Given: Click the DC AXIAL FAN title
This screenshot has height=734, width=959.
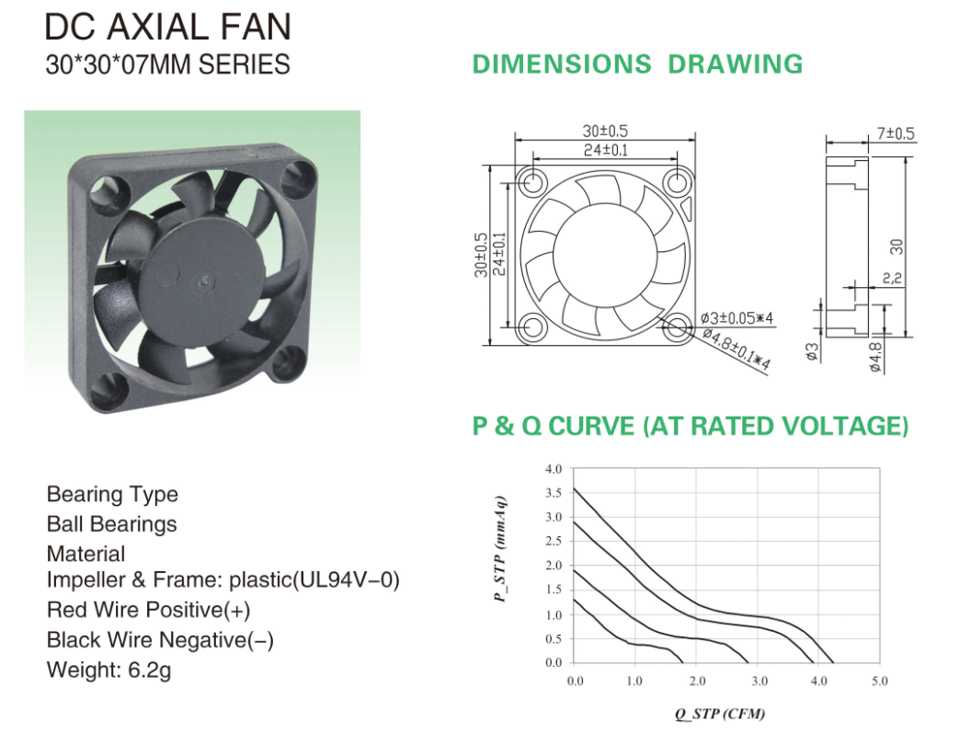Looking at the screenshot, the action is (168, 27).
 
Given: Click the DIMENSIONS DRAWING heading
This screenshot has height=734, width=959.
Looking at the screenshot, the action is (637, 64).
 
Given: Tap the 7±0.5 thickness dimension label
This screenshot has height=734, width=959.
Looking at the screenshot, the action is (896, 133).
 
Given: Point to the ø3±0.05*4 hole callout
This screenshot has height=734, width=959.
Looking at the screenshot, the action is (737, 318).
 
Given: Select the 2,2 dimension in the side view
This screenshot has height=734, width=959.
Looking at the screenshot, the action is (892, 279).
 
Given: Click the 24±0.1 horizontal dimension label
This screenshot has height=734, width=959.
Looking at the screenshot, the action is (606, 150).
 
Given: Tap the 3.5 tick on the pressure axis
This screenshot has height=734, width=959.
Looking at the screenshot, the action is (554, 493).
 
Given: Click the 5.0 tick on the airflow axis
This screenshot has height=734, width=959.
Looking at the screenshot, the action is (880, 681).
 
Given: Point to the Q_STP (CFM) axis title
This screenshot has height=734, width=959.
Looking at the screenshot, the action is (720, 713).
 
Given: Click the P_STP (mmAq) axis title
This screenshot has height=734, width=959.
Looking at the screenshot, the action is (501, 549).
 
